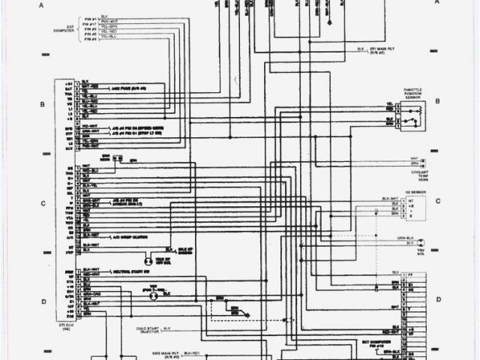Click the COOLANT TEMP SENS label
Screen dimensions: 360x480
click(x=418, y=174)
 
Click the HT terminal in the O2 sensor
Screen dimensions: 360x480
click(x=409, y=200)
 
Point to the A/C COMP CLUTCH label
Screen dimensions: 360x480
click(x=128, y=235)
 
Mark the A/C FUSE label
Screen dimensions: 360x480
click(x=128, y=88)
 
